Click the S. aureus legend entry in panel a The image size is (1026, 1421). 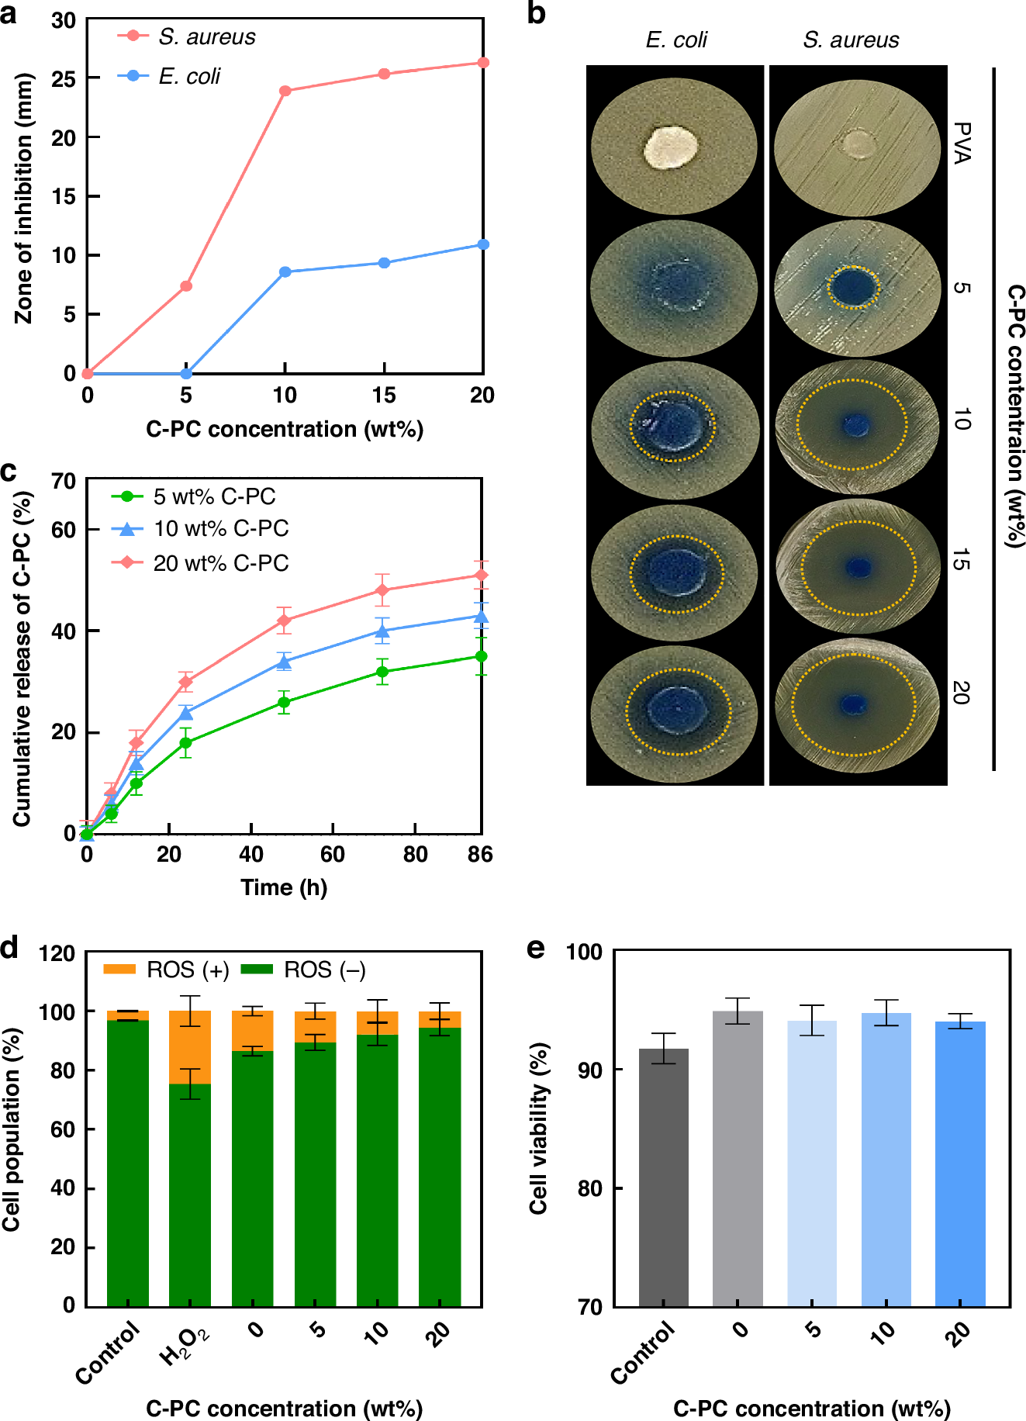click(186, 36)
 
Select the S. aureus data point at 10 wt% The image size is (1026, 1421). click(285, 91)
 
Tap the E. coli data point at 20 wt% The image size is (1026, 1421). click(482, 244)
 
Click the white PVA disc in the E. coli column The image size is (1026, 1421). click(672, 147)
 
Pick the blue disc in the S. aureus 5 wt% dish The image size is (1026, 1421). click(853, 288)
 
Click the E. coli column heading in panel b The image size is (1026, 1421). click(676, 40)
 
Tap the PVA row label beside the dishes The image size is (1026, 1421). click(962, 143)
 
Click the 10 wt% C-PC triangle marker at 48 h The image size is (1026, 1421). click(284, 662)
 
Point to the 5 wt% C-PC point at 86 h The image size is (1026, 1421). click(481, 656)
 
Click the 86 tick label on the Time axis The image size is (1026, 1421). click(480, 855)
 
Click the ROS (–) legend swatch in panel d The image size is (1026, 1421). click(257, 970)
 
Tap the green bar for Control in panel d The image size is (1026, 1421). click(128, 1163)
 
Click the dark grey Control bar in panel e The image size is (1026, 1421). click(663, 1179)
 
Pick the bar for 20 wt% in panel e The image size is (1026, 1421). click(959, 1163)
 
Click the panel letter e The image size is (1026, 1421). click(537, 949)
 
